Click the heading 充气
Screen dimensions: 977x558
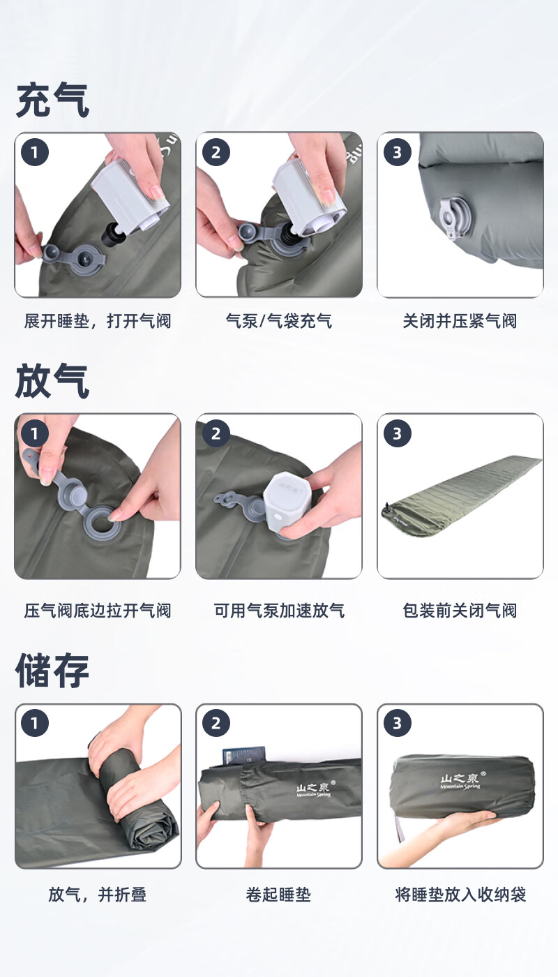point(52,100)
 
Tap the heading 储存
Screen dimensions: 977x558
point(52,671)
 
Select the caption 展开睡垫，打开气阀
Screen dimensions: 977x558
point(98,321)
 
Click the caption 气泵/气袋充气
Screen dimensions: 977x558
point(279,321)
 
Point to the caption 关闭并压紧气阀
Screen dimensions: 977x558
point(460,321)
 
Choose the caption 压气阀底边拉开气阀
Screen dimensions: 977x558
point(98,611)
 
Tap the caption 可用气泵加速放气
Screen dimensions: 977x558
point(279,611)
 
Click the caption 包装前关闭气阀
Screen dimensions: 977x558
point(460,611)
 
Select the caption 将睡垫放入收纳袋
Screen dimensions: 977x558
point(460,895)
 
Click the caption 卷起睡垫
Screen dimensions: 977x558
point(279,895)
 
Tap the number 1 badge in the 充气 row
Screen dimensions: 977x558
point(35,152)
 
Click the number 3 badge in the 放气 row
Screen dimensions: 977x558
point(397,434)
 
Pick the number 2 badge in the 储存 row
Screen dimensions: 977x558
point(216,724)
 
